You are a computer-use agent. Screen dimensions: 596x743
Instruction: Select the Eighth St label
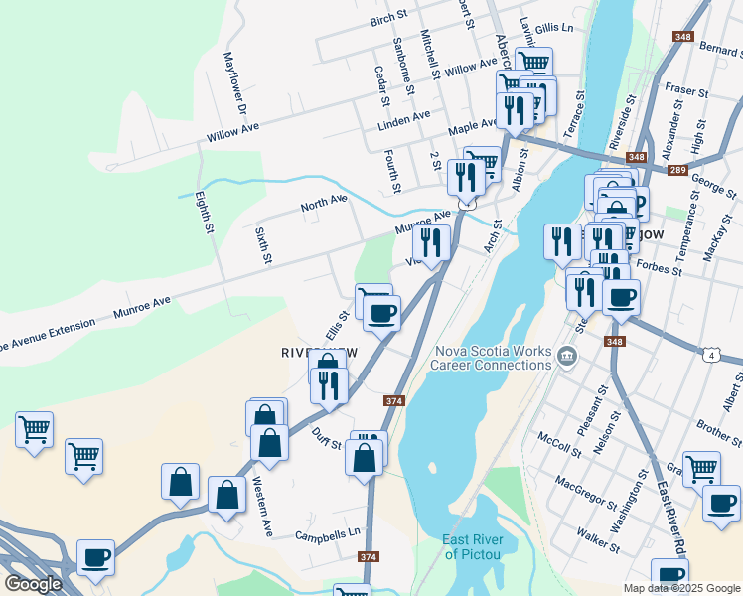point(204,213)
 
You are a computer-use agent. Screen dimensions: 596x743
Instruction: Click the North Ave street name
point(325,205)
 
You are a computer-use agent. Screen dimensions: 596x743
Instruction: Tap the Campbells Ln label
point(327,535)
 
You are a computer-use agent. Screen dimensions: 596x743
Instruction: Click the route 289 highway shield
point(678,171)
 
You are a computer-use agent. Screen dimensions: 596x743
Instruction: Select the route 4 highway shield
point(711,354)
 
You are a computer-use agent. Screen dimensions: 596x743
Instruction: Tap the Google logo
point(33,584)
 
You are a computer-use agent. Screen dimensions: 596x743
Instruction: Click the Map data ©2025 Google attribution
point(682,588)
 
